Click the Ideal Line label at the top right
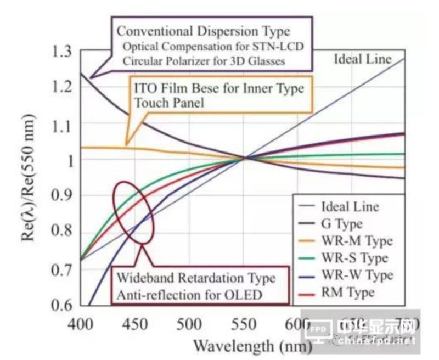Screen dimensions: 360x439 (x=363, y=59)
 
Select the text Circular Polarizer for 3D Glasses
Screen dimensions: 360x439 (x=204, y=60)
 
